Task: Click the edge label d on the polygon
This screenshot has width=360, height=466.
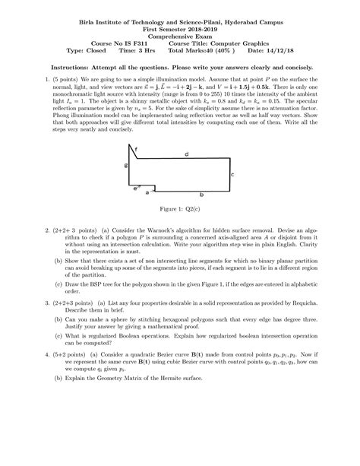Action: tap(186, 154)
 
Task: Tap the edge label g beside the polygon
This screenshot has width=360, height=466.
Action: tap(126, 163)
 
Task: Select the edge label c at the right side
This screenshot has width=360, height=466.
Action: tap(231, 174)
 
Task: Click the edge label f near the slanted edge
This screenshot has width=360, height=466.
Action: tap(137, 148)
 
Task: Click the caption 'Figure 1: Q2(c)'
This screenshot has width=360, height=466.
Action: tap(180, 208)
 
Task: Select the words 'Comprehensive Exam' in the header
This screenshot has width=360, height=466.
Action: tap(180, 35)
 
